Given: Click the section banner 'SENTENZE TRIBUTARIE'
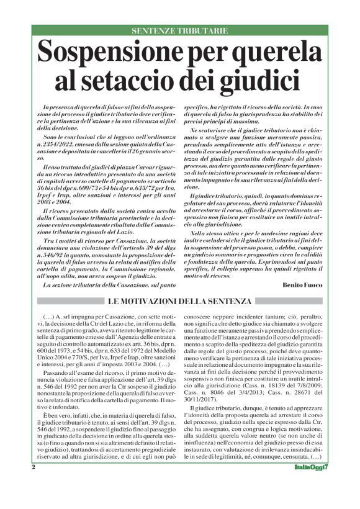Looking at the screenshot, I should tap(180, 30).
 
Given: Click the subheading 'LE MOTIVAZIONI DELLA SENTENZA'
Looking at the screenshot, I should tap(180, 302).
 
